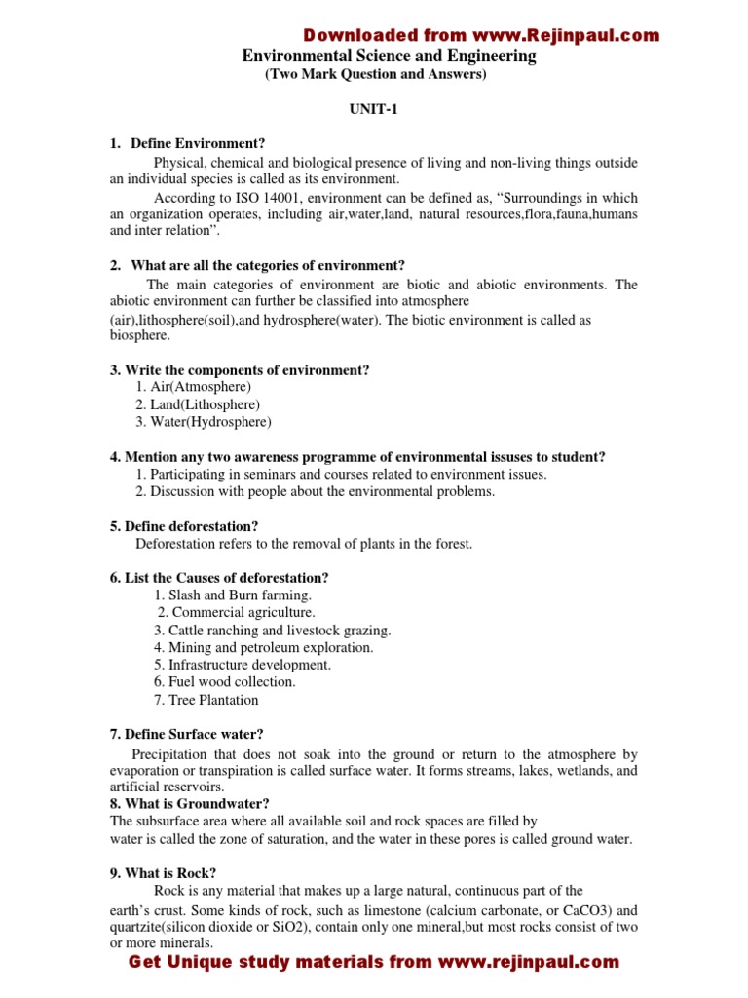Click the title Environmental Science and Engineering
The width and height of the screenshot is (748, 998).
pyautogui.click(x=389, y=57)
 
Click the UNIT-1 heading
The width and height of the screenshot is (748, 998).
pyautogui.click(x=374, y=110)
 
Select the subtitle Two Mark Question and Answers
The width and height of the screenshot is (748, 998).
pyautogui.click(x=375, y=75)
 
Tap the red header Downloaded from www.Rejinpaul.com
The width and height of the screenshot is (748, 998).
pyautogui.click(x=481, y=36)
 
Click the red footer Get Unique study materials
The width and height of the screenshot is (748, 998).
pyautogui.click(x=374, y=962)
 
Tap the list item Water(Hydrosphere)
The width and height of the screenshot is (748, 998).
pyautogui.click(x=204, y=422)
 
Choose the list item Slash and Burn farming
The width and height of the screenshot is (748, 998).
pyautogui.click(x=233, y=595)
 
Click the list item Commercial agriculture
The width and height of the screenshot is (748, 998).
pyautogui.click(x=236, y=612)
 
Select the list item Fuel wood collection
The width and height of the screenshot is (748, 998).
pyautogui.click(x=224, y=682)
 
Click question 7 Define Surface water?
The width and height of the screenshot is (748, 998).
pyautogui.click(x=187, y=734)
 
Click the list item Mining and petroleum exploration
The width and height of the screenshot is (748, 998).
pyautogui.click(x=263, y=647)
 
